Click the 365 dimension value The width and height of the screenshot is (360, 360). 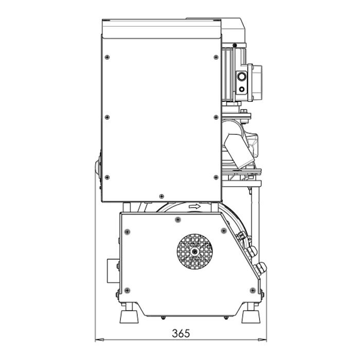[181, 333]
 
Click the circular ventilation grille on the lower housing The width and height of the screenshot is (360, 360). [195, 251]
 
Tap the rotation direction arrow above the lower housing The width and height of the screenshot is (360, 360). [194, 207]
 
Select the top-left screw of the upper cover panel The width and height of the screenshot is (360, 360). [107, 57]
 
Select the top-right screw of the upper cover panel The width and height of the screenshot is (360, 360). [216, 57]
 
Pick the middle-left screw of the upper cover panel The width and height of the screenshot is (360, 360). [107, 117]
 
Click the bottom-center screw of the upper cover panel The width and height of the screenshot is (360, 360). [161, 196]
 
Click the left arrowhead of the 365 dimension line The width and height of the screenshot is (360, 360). [99, 339]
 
